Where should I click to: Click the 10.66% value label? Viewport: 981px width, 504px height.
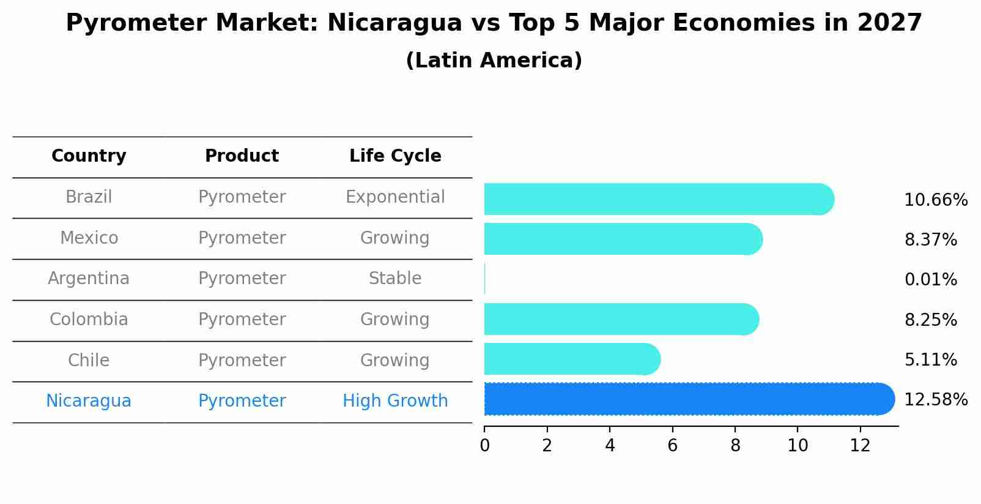click(x=935, y=200)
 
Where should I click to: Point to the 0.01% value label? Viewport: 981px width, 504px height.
click(x=930, y=280)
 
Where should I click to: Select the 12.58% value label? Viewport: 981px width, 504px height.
click(x=935, y=400)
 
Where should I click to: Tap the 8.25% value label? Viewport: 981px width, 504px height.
click(x=930, y=320)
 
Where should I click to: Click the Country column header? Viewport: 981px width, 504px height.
click(x=89, y=156)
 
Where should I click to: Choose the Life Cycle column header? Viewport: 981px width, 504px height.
click(x=395, y=156)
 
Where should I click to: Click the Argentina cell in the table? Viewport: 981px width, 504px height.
click(x=89, y=279)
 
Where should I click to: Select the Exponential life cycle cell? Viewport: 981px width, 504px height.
click(x=395, y=197)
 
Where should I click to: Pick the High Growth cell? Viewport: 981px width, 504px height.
click(x=395, y=401)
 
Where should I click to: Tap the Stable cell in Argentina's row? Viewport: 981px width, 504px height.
click(x=395, y=279)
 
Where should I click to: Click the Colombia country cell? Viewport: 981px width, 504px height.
click(x=89, y=320)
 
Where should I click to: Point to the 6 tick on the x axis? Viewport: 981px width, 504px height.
click(x=672, y=445)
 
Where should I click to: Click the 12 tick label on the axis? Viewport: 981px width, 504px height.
click(x=860, y=445)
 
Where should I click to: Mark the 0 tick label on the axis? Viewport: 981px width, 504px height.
click(x=484, y=445)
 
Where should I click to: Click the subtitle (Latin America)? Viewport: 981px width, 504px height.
click(x=494, y=61)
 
